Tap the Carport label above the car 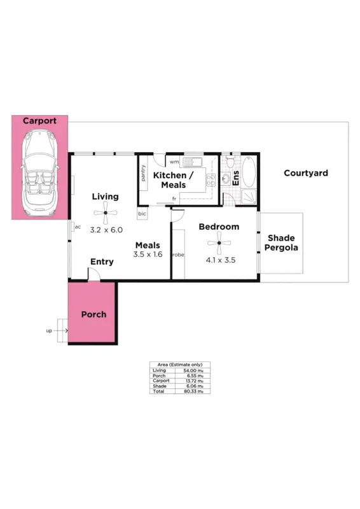coord(39,121)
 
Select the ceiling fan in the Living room coord(106,214)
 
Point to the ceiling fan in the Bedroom coord(219,242)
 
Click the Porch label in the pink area coord(93,314)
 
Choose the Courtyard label coord(305,173)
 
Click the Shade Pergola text coord(281,242)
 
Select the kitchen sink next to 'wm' coord(191,162)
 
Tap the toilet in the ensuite coord(226,178)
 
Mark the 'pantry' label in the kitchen coord(144,174)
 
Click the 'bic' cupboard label coord(142,213)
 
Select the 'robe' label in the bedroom coord(177,254)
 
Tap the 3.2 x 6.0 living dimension coord(106,230)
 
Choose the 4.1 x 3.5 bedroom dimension coord(220,260)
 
